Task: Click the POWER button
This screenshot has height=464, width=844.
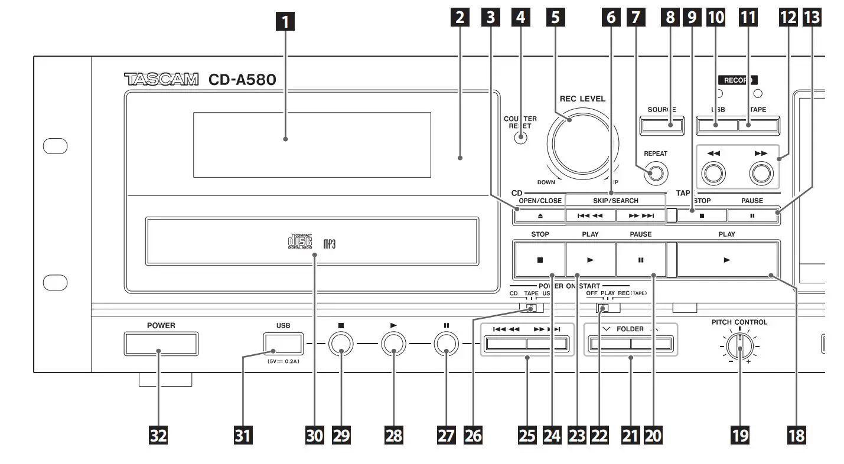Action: pos(161,344)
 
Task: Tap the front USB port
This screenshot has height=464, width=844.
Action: pos(283,343)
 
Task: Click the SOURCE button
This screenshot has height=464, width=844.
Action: pos(661,125)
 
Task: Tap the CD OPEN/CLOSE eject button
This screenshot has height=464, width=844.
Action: pos(539,216)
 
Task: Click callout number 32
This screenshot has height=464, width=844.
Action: pos(159,436)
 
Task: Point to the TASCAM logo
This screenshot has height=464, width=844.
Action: pos(161,79)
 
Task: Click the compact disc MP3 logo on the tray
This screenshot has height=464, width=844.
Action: pos(311,242)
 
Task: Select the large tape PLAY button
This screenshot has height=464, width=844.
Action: pos(727,260)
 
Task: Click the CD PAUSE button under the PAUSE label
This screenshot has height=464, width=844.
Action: pos(641,260)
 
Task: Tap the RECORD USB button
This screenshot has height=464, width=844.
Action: pos(717,125)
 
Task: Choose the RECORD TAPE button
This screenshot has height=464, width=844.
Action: pos(758,125)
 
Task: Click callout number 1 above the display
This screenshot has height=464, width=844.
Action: pos(285,23)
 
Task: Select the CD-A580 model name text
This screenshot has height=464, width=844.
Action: pos(242,79)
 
